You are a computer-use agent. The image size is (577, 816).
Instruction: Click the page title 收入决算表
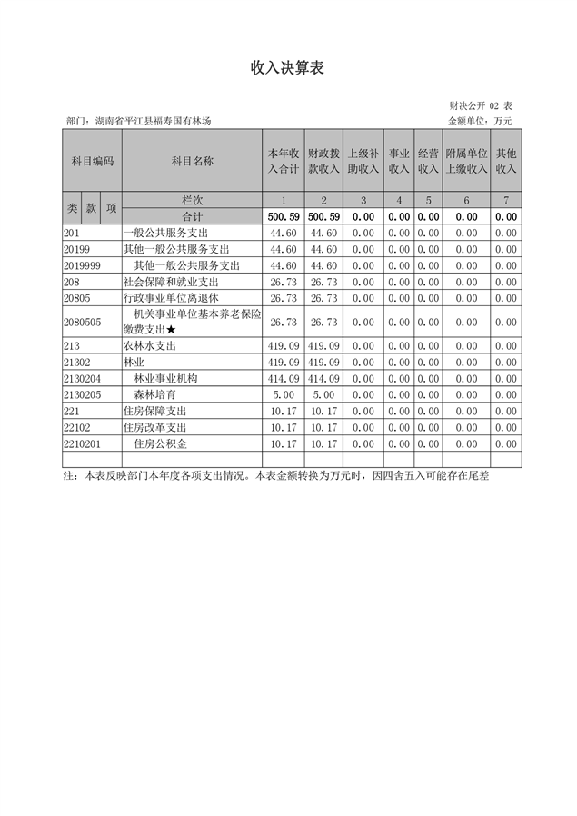287,68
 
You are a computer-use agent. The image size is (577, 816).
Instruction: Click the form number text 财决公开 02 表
481,106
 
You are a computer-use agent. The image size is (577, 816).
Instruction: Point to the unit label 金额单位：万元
481,121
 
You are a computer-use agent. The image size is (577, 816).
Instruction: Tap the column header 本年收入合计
284,161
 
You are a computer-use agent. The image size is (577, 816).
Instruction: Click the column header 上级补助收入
363,161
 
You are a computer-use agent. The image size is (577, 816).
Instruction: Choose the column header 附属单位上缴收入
466,161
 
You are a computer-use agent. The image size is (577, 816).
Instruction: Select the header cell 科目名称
192,161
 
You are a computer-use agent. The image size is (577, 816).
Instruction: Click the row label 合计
192,217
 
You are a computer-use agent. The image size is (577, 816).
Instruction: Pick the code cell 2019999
82,265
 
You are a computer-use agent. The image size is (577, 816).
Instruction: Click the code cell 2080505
82,322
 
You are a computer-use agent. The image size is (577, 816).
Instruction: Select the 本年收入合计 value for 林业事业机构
284,379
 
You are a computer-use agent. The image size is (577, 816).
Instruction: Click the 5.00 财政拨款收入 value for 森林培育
323,395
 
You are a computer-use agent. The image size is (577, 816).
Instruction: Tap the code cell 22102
77,427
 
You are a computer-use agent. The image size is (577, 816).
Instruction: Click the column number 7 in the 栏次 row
507,201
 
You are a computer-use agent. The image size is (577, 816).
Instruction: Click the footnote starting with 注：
276,475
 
